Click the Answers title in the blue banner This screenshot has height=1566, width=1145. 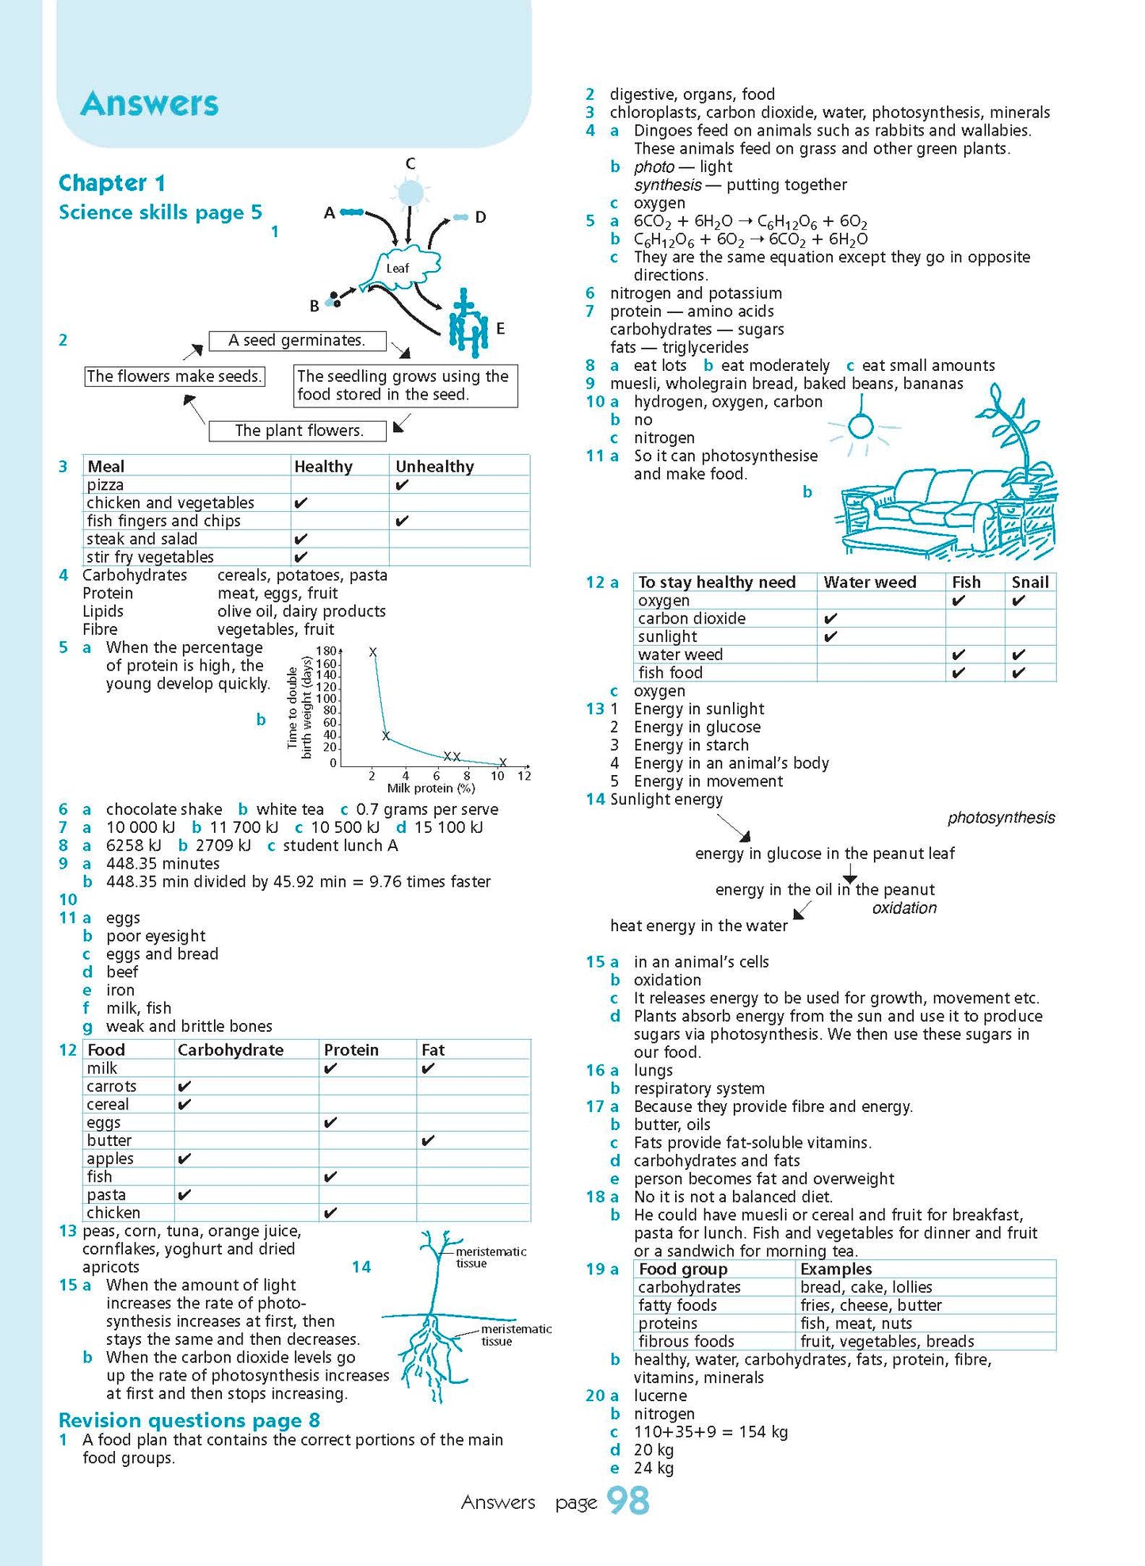pyautogui.click(x=149, y=104)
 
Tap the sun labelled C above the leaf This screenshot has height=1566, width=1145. pyautogui.click(x=410, y=193)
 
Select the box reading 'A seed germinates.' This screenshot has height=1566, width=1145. pyautogui.click(x=297, y=341)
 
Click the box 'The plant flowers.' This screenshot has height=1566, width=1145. pyautogui.click(x=298, y=430)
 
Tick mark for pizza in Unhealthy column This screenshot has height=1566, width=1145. pyautogui.click(x=402, y=485)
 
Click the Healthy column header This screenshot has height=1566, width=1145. pyautogui.click(x=323, y=467)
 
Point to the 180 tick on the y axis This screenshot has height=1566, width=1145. pyautogui.click(x=326, y=651)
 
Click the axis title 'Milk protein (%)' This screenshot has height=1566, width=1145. pyautogui.click(x=431, y=789)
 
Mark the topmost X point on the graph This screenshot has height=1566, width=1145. pyautogui.click(x=372, y=652)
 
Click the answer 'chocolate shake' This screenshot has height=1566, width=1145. pyautogui.click(x=164, y=809)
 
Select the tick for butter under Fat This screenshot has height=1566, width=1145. pyautogui.click(x=428, y=1141)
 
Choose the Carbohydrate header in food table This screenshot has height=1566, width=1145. pyautogui.click(x=231, y=1050)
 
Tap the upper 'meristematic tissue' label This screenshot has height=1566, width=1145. pyautogui.click(x=490, y=1257)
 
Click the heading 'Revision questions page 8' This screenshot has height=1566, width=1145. pyautogui.click(x=189, y=1419)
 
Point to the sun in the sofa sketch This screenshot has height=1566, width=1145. pyautogui.click(x=861, y=427)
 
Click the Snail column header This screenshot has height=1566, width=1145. pyautogui.click(x=1029, y=582)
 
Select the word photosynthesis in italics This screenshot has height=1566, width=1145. pyautogui.click(x=1001, y=818)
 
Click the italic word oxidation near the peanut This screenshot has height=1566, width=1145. pyautogui.click(x=904, y=908)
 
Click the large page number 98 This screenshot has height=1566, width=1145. pyautogui.click(x=628, y=1501)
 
